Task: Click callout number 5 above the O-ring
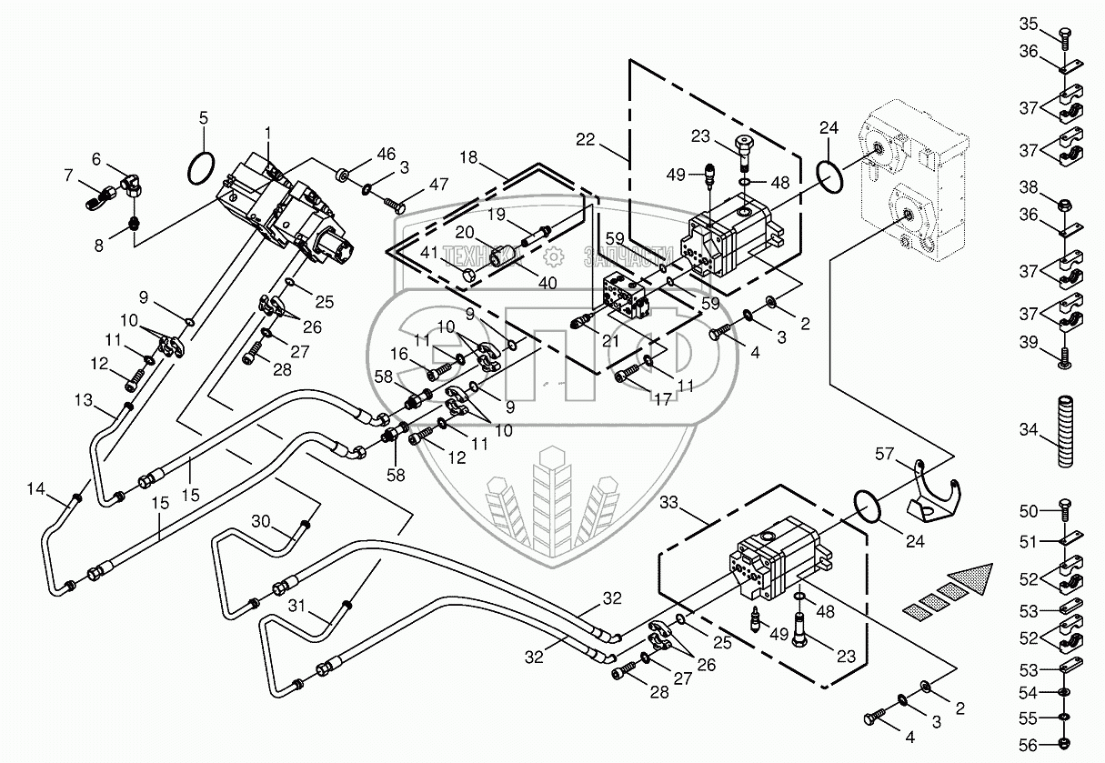204,117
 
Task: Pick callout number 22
586,139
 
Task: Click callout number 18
468,158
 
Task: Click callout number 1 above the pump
268,133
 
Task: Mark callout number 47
438,185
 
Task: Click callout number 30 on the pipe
261,521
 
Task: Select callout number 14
35,489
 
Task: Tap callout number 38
1028,188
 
